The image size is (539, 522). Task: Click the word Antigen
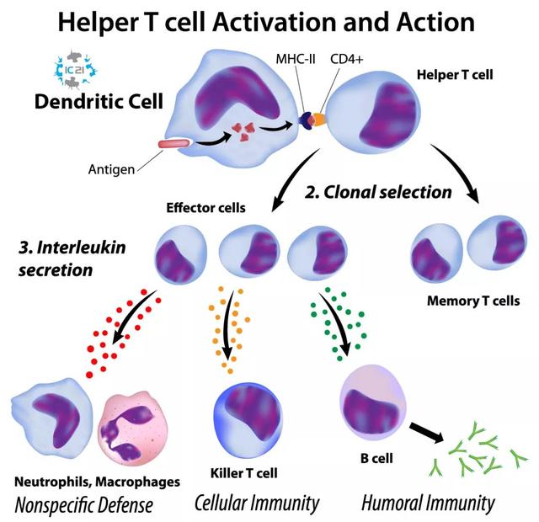(111, 169)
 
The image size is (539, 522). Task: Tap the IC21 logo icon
(78, 68)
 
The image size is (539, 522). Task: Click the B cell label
(366, 460)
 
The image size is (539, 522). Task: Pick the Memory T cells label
(473, 301)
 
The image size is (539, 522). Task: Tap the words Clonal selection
(377, 192)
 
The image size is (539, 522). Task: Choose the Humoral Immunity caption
(427, 503)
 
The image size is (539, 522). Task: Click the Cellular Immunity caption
(257, 503)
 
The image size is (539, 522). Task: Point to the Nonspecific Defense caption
(84, 505)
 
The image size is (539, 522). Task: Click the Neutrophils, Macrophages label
(97, 482)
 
